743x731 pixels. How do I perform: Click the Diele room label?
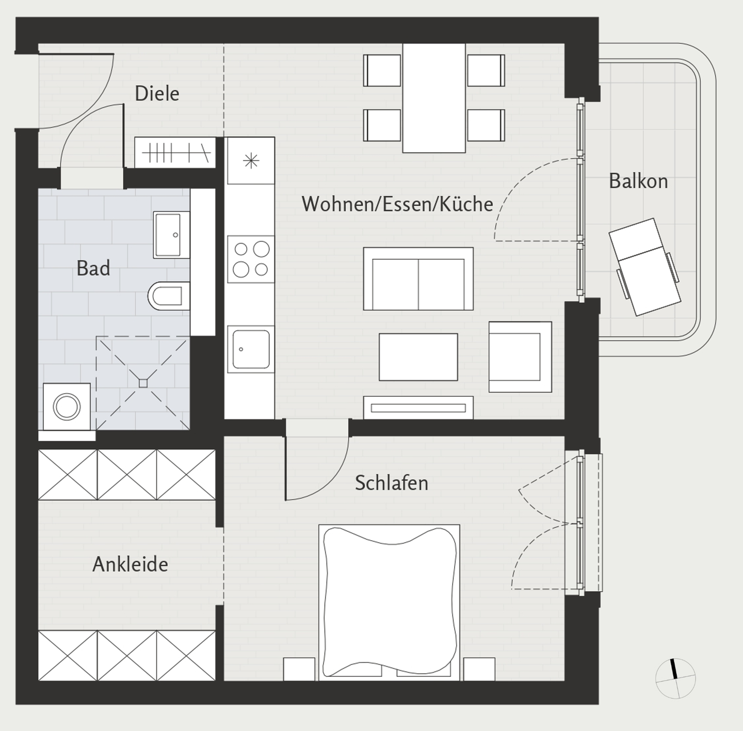(157, 94)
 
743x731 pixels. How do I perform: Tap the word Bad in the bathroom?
(93, 268)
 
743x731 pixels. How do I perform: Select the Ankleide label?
(131, 564)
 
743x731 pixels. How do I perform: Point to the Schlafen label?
(391, 483)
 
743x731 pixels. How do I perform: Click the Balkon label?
(638, 181)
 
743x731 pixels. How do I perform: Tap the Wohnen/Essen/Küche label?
(397, 204)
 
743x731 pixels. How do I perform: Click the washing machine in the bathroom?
(67, 407)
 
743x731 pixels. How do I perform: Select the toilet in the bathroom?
(169, 296)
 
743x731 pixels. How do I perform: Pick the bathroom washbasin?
(172, 235)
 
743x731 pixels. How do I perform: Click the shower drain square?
(143, 383)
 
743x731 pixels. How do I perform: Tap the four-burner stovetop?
(251, 259)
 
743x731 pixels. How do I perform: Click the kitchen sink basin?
(251, 349)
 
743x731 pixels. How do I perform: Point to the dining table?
(434, 98)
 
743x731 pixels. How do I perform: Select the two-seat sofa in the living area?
(418, 279)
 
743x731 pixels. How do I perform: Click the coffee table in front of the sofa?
(418, 357)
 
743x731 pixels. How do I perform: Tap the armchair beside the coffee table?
(520, 357)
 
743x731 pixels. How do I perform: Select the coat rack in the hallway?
(175, 153)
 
